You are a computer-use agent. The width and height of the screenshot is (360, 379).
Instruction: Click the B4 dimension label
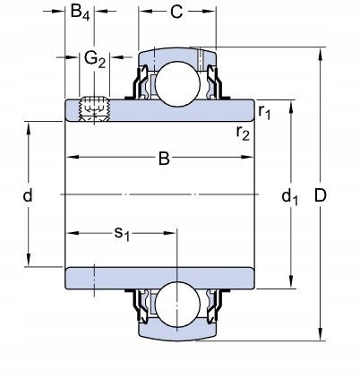tap(80, 13)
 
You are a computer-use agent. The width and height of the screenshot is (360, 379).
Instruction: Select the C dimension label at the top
tap(176, 12)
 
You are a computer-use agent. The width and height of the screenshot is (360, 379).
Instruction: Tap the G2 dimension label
tap(95, 59)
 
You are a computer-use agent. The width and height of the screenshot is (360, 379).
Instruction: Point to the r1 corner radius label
tap(264, 112)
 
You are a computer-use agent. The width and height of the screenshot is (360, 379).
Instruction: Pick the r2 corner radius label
tap(243, 133)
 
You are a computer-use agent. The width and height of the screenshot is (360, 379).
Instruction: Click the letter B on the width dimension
tap(164, 159)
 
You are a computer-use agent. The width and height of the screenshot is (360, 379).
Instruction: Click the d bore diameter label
tap(28, 195)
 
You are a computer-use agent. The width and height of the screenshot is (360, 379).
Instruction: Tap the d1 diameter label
tap(289, 197)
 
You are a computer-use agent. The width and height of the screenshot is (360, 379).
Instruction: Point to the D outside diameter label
tap(321, 196)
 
